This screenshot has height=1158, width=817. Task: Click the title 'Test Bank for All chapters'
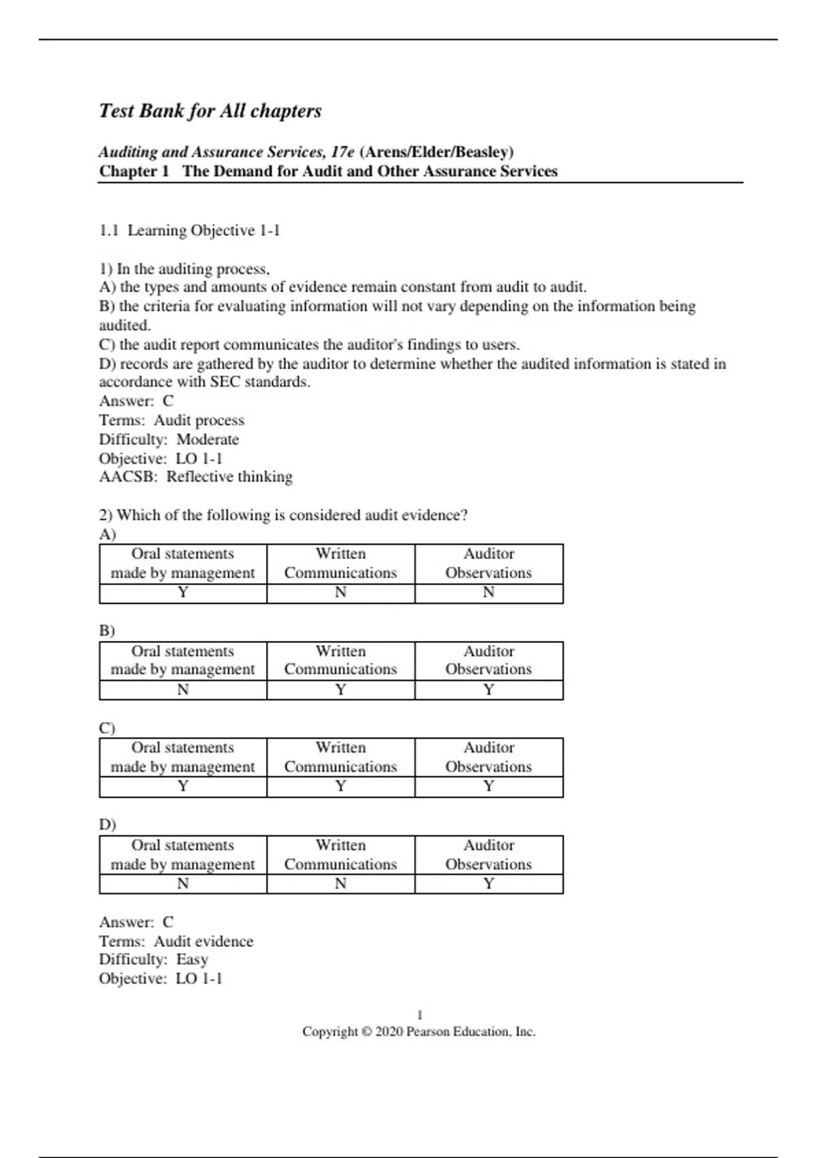click(210, 111)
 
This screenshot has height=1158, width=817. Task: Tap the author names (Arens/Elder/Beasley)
click(437, 152)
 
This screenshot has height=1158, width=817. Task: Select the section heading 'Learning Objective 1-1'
click(204, 231)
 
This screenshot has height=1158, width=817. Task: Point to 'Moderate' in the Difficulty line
click(208, 439)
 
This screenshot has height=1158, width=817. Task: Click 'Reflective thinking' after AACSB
click(229, 477)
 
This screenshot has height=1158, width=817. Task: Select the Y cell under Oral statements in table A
click(182, 593)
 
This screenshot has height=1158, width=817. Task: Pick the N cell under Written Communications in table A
click(340, 593)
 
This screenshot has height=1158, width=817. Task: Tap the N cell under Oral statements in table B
click(182, 689)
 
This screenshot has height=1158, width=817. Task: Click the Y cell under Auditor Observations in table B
click(489, 689)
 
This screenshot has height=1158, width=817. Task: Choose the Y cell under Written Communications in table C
click(340, 786)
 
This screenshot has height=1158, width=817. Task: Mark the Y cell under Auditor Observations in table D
click(489, 883)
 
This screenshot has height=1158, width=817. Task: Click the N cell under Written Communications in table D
click(340, 883)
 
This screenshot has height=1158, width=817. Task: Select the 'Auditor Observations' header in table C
click(489, 757)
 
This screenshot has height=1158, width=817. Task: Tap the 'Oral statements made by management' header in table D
click(182, 855)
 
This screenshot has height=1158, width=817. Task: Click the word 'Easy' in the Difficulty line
click(192, 960)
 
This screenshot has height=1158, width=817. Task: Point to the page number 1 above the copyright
click(419, 1015)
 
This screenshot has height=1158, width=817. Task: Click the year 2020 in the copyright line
click(389, 1032)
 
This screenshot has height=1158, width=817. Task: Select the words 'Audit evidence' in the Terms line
click(204, 941)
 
